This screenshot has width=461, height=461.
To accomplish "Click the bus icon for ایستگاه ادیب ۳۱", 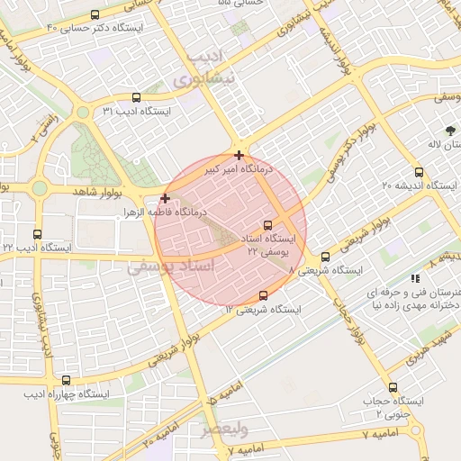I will point(136,98).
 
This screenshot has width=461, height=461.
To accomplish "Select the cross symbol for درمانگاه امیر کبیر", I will point(238,155).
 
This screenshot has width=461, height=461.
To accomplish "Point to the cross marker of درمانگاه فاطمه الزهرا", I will point(165,197).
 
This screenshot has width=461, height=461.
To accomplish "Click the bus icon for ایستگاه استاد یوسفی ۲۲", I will point(267,225).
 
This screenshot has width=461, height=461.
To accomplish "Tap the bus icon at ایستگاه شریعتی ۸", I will point(325,257).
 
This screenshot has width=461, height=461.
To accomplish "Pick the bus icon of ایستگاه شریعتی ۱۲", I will point(263,295).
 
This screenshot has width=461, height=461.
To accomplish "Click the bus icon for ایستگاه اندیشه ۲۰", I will point(419,172).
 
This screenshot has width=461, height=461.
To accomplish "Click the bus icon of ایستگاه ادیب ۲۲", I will point(37,234).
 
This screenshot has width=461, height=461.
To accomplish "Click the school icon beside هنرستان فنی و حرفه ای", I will point(414,279).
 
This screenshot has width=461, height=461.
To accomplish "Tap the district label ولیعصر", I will point(221,429).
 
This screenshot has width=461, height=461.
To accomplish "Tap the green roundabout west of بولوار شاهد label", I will point(40,188).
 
